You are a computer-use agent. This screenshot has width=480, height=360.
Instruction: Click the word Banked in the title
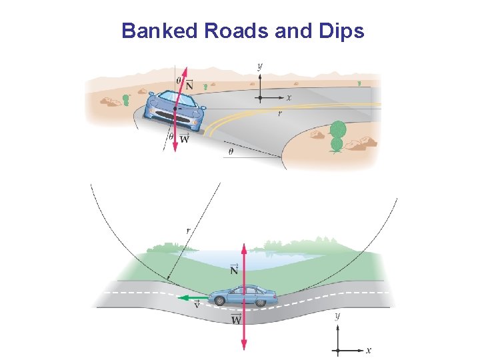(154, 31)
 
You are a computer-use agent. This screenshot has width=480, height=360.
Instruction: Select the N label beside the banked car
(189, 85)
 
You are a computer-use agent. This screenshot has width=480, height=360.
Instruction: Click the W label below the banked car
(185, 139)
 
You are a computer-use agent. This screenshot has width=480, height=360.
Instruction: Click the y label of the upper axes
(259, 66)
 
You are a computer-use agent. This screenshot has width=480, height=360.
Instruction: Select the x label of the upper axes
(289, 98)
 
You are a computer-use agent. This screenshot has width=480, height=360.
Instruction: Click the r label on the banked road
(279, 113)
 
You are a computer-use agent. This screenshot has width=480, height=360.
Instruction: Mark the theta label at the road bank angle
(231, 151)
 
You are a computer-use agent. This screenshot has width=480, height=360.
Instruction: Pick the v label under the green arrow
(197, 307)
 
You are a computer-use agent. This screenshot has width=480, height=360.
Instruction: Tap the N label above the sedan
(234, 269)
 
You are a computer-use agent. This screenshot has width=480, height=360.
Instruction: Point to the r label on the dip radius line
(189, 231)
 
